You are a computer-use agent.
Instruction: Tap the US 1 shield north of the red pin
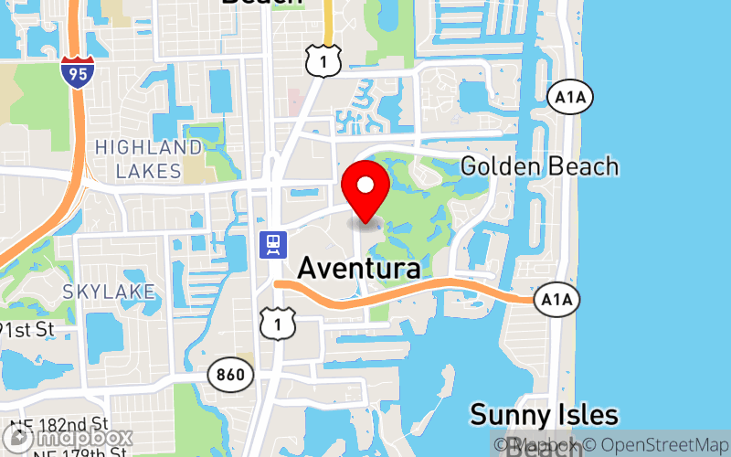[x=324, y=60]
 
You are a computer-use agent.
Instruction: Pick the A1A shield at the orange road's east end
[x=556, y=299]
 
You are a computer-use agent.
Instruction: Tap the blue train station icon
[x=272, y=244]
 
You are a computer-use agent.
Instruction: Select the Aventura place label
[x=359, y=269]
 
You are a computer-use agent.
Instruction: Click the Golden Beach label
[x=539, y=167]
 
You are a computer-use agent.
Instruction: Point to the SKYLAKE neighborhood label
[x=109, y=292]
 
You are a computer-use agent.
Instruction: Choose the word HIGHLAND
[x=148, y=147]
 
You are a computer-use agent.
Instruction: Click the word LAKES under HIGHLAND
[x=148, y=170]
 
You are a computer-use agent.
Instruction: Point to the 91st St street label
[x=27, y=329]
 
